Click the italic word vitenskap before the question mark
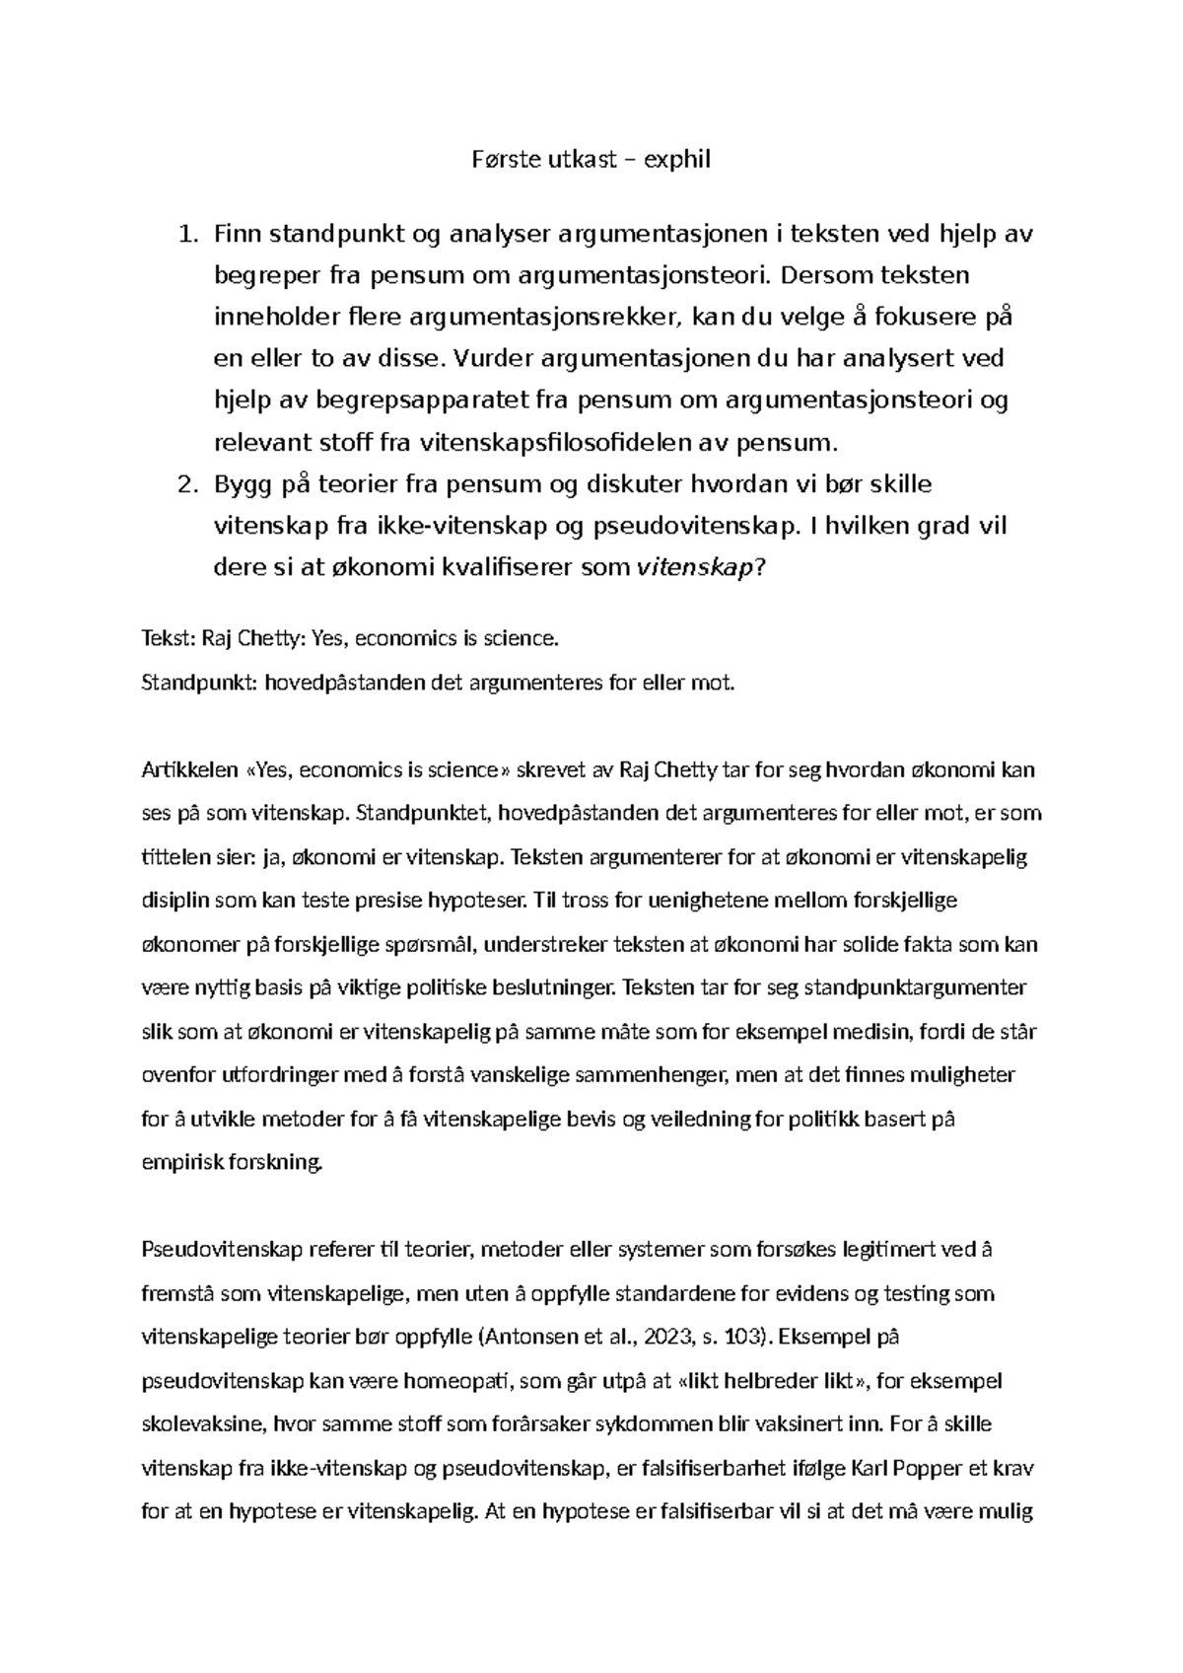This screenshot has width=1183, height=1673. [695, 568]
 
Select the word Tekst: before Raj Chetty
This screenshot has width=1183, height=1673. [169, 638]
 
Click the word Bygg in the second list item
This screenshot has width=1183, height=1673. [241, 484]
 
